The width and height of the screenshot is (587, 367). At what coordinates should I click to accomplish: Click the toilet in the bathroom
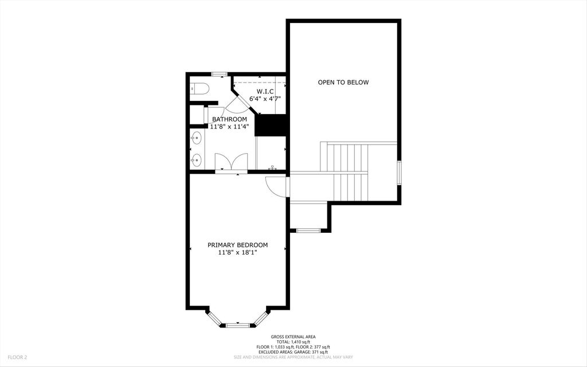coord(199,88)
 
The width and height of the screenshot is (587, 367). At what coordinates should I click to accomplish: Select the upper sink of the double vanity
coord(197,138)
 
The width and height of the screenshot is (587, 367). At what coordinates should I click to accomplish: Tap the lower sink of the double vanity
coord(197,159)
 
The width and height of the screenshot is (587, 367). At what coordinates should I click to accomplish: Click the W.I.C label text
coord(265,92)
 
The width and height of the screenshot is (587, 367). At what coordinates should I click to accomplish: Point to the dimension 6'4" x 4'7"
coord(265,99)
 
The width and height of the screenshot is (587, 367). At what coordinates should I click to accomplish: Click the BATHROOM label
coord(229,119)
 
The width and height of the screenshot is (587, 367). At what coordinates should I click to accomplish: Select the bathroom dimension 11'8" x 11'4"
coord(229,126)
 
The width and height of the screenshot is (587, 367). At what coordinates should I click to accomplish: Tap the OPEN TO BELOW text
coord(343,83)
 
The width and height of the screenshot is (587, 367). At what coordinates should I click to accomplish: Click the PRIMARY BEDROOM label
coord(237,245)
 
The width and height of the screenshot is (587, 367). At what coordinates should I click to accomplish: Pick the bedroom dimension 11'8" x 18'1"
coord(237,252)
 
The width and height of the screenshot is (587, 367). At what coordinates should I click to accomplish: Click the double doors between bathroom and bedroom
coord(231,162)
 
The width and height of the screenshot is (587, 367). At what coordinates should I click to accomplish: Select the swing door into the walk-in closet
coord(236,105)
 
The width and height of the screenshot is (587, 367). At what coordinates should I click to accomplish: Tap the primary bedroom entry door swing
coord(277,186)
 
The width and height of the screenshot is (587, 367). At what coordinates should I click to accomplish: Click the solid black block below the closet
coord(270,126)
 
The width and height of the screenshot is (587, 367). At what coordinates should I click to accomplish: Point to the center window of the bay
coord(237,326)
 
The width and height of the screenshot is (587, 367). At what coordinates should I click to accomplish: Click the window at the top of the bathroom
coord(220,74)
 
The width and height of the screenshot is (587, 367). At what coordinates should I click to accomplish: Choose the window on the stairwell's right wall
coord(399,173)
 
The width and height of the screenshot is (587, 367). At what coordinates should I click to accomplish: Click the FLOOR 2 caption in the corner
coord(17,357)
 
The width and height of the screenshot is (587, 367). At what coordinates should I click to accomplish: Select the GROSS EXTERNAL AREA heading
coord(293,337)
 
